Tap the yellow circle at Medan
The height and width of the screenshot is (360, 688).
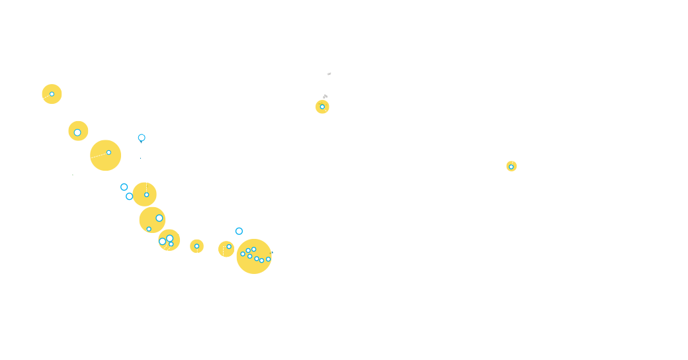(52, 94)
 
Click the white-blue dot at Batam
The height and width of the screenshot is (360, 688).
(142, 138)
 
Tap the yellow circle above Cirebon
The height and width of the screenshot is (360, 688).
(196, 246)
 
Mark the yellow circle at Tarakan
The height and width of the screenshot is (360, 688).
(322, 107)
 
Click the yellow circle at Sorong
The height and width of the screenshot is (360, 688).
(511, 166)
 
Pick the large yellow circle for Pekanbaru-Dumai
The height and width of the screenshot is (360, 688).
(105, 156)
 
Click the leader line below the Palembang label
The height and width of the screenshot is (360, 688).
(146, 179)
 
